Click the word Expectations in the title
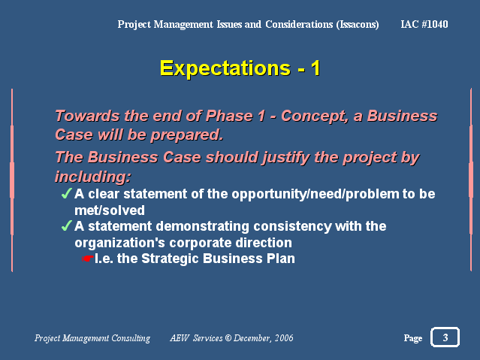coord(225,69)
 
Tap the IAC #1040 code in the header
coord(424,24)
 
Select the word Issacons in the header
coord(358,25)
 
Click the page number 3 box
coord(445,337)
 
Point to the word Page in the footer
coord(413,338)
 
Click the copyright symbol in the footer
coord(228,338)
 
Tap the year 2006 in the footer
coord(284,338)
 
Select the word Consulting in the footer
coord(131,338)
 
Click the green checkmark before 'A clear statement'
coord(66,194)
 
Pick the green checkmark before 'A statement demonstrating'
coord(66,226)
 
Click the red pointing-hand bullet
coord(88,259)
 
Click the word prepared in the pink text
coord(187,135)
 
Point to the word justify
coord(285,158)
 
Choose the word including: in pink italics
coord(93,177)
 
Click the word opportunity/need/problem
coord(315,194)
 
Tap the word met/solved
coord(110,210)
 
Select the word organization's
coord(120,244)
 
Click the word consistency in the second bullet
coord(293,227)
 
